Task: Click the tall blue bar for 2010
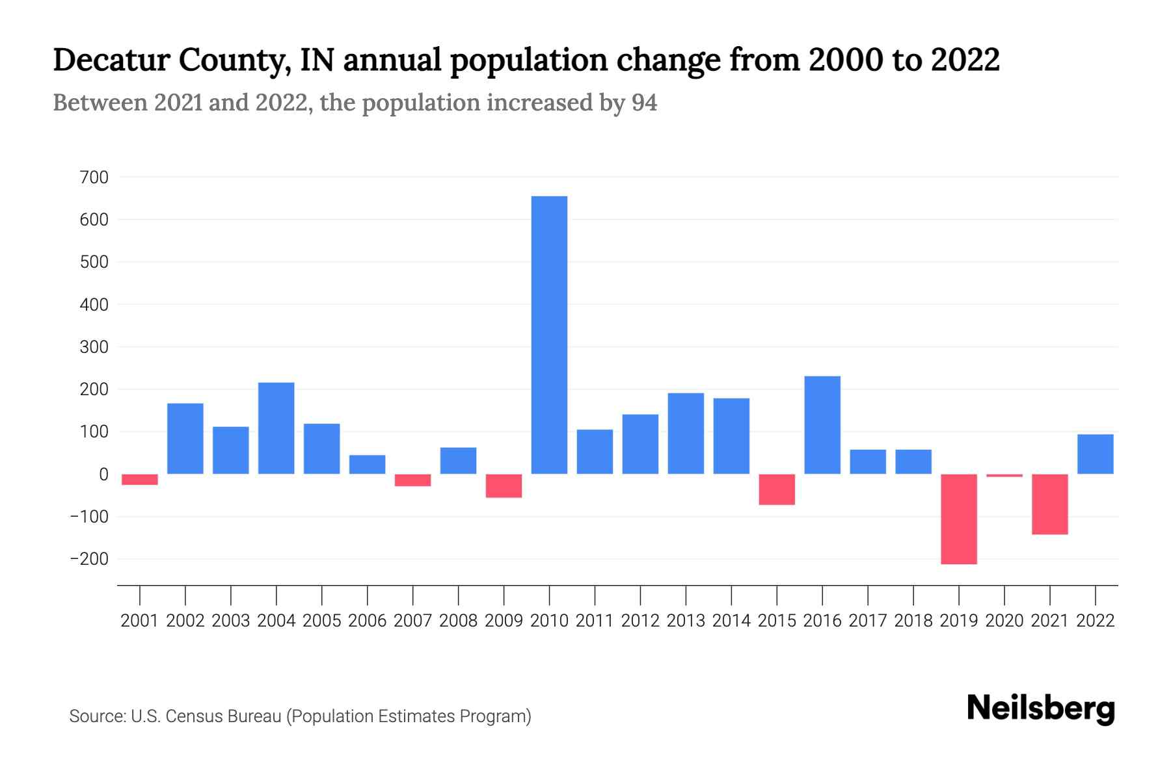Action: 549,335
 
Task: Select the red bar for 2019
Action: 959,519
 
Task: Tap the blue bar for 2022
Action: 1096,454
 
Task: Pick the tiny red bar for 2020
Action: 1004,476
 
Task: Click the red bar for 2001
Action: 140,480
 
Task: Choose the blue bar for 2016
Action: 822,425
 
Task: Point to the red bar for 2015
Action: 777,489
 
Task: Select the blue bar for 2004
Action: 276,428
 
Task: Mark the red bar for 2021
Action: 1050,504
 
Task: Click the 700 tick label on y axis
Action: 94,177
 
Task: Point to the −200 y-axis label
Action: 89,559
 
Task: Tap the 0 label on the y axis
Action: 103,474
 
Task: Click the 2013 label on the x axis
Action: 686,621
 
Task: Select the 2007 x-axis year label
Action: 412,621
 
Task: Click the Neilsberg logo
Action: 1041,708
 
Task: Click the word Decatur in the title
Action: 111,60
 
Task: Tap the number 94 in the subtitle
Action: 644,103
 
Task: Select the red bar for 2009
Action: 504,486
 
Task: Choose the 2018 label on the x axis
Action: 913,621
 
